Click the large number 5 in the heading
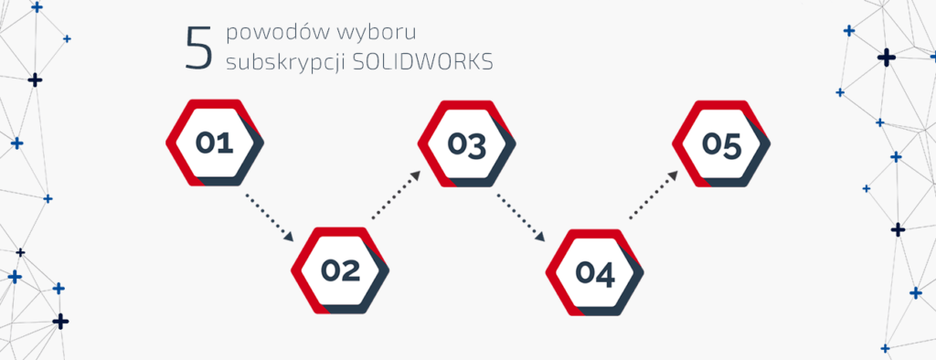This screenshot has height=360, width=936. pos(197,48)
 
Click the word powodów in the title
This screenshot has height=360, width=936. pos(267,34)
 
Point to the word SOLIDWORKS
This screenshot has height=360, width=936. pos(428,62)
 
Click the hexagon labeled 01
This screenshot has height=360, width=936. pos(216,144)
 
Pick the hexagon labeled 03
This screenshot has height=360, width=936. pos(467,144)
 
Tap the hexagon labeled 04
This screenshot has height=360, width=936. pos(594,271)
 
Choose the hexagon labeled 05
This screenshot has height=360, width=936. pos(721,144)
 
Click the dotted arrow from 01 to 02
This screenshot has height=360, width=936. pos(266,216)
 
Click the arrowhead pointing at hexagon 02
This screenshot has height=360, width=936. pos(291,238)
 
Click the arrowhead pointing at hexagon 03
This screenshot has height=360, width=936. pos(417,174)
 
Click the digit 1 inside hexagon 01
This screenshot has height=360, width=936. pos(227,144)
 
